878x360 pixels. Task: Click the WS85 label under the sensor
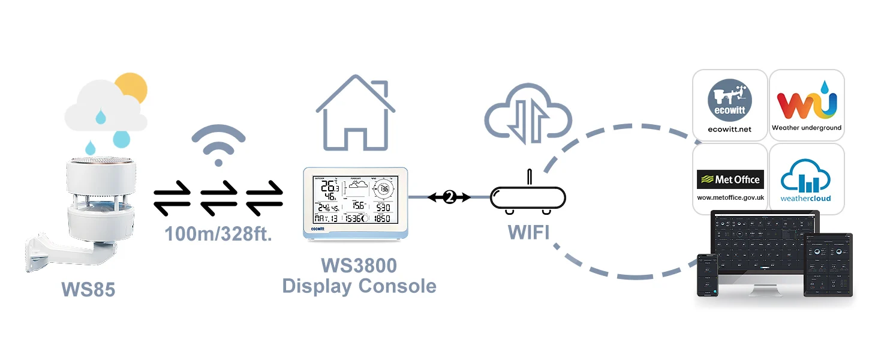tap(88, 290)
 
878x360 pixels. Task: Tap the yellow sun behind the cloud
tap(131, 88)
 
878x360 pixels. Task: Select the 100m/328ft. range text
tap(219, 233)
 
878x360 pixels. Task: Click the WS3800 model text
tap(359, 265)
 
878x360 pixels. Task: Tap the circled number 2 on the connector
tap(449, 197)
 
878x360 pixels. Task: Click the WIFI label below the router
tap(528, 232)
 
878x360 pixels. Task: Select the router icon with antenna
tap(528, 198)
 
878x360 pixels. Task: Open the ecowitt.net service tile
tap(730, 105)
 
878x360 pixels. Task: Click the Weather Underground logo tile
tap(807, 105)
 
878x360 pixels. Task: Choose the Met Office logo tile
tap(730, 179)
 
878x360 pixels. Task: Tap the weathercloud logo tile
tap(807, 179)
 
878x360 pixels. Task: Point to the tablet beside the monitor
tap(828, 264)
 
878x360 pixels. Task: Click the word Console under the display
tap(398, 286)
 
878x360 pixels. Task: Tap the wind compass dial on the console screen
tap(384, 190)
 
